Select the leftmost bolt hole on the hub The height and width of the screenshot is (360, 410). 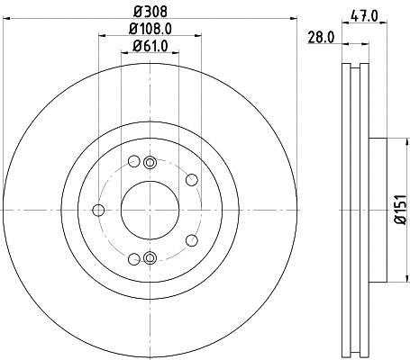tap(99, 211)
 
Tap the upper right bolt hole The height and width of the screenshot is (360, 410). tap(191, 179)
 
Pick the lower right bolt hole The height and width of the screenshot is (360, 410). tap(191, 241)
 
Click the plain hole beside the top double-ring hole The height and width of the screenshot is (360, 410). tap(134, 162)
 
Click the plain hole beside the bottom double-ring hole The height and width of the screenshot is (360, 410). tap(134, 259)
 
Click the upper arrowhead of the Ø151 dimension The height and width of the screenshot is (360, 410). tap(396, 140)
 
